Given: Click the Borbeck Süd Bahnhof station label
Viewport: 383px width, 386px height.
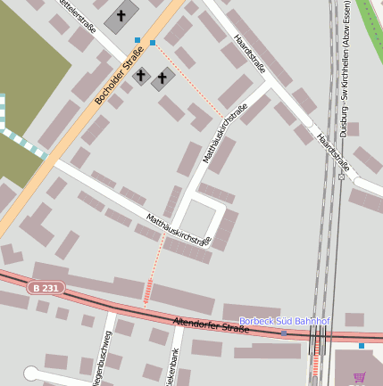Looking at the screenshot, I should click(x=284, y=321).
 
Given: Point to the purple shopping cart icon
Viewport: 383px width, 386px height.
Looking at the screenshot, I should click(x=360, y=377).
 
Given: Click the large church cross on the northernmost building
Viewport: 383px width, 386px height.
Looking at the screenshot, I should click(x=121, y=16).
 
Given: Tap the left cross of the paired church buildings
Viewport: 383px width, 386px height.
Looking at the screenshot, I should click(x=140, y=76).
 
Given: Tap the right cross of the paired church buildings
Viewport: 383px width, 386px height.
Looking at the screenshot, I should click(x=162, y=79).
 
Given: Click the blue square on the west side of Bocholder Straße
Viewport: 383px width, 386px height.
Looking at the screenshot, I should click(x=137, y=40).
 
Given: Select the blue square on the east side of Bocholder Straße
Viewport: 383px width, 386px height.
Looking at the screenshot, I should click(x=153, y=43).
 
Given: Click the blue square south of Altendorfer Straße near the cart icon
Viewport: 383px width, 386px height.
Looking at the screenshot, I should click(x=362, y=345).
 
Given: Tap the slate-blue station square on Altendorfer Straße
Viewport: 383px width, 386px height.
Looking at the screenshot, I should click(x=284, y=333).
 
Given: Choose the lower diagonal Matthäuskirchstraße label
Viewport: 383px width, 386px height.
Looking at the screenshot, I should click(x=178, y=227).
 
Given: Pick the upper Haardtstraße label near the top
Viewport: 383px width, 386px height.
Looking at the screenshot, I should click(x=249, y=53).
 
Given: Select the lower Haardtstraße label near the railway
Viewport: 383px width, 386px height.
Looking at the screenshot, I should click(x=332, y=151).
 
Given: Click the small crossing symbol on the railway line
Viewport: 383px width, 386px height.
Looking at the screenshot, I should click(x=341, y=177).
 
